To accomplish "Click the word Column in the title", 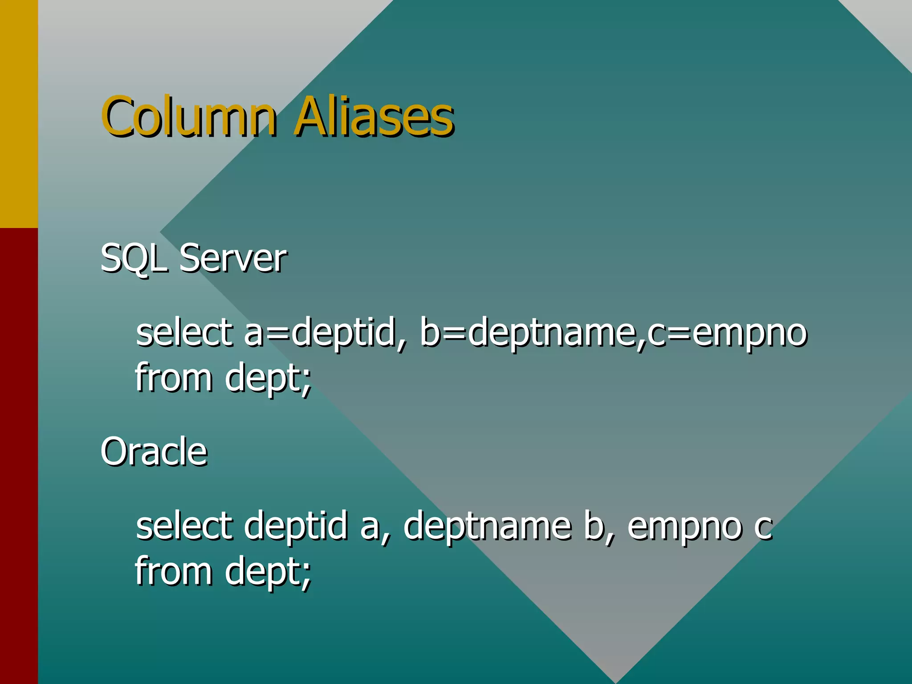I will click(189, 117).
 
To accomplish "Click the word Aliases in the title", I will click(374, 117).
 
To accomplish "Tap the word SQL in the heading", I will click(133, 258).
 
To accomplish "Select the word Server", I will click(233, 258).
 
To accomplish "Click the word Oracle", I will click(154, 452).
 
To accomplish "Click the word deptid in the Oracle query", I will click(296, 526).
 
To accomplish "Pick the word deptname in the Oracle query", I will click(487, 526).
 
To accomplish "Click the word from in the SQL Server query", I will click(174, 378).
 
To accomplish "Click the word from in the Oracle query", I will click(174, 571).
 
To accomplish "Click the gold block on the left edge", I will click(19, 114).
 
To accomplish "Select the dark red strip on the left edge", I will click(19, 454).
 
